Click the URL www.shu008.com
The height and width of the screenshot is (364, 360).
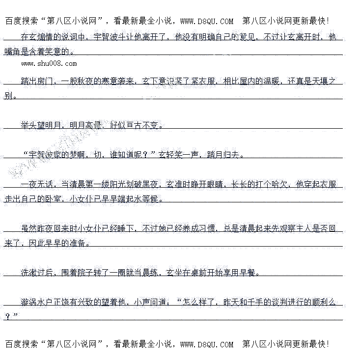pyautogui.click(x=49, y=63)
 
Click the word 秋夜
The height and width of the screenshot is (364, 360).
pyautogui.click(x=98, y=81)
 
